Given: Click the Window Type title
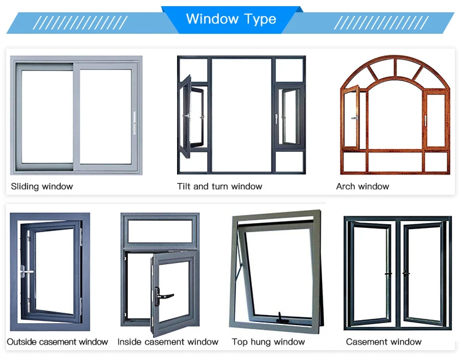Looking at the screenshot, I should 230,18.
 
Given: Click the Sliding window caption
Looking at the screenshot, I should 42,186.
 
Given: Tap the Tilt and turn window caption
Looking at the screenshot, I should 219,186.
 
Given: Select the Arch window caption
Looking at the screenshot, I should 363,186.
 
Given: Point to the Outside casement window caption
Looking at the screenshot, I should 57,342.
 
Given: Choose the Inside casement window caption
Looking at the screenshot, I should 168,342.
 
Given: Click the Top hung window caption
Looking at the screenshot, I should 268,342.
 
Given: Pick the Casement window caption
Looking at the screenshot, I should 384,342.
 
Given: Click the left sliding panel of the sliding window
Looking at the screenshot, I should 46,117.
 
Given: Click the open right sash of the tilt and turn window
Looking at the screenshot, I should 288,117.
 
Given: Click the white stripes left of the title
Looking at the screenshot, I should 80,23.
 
